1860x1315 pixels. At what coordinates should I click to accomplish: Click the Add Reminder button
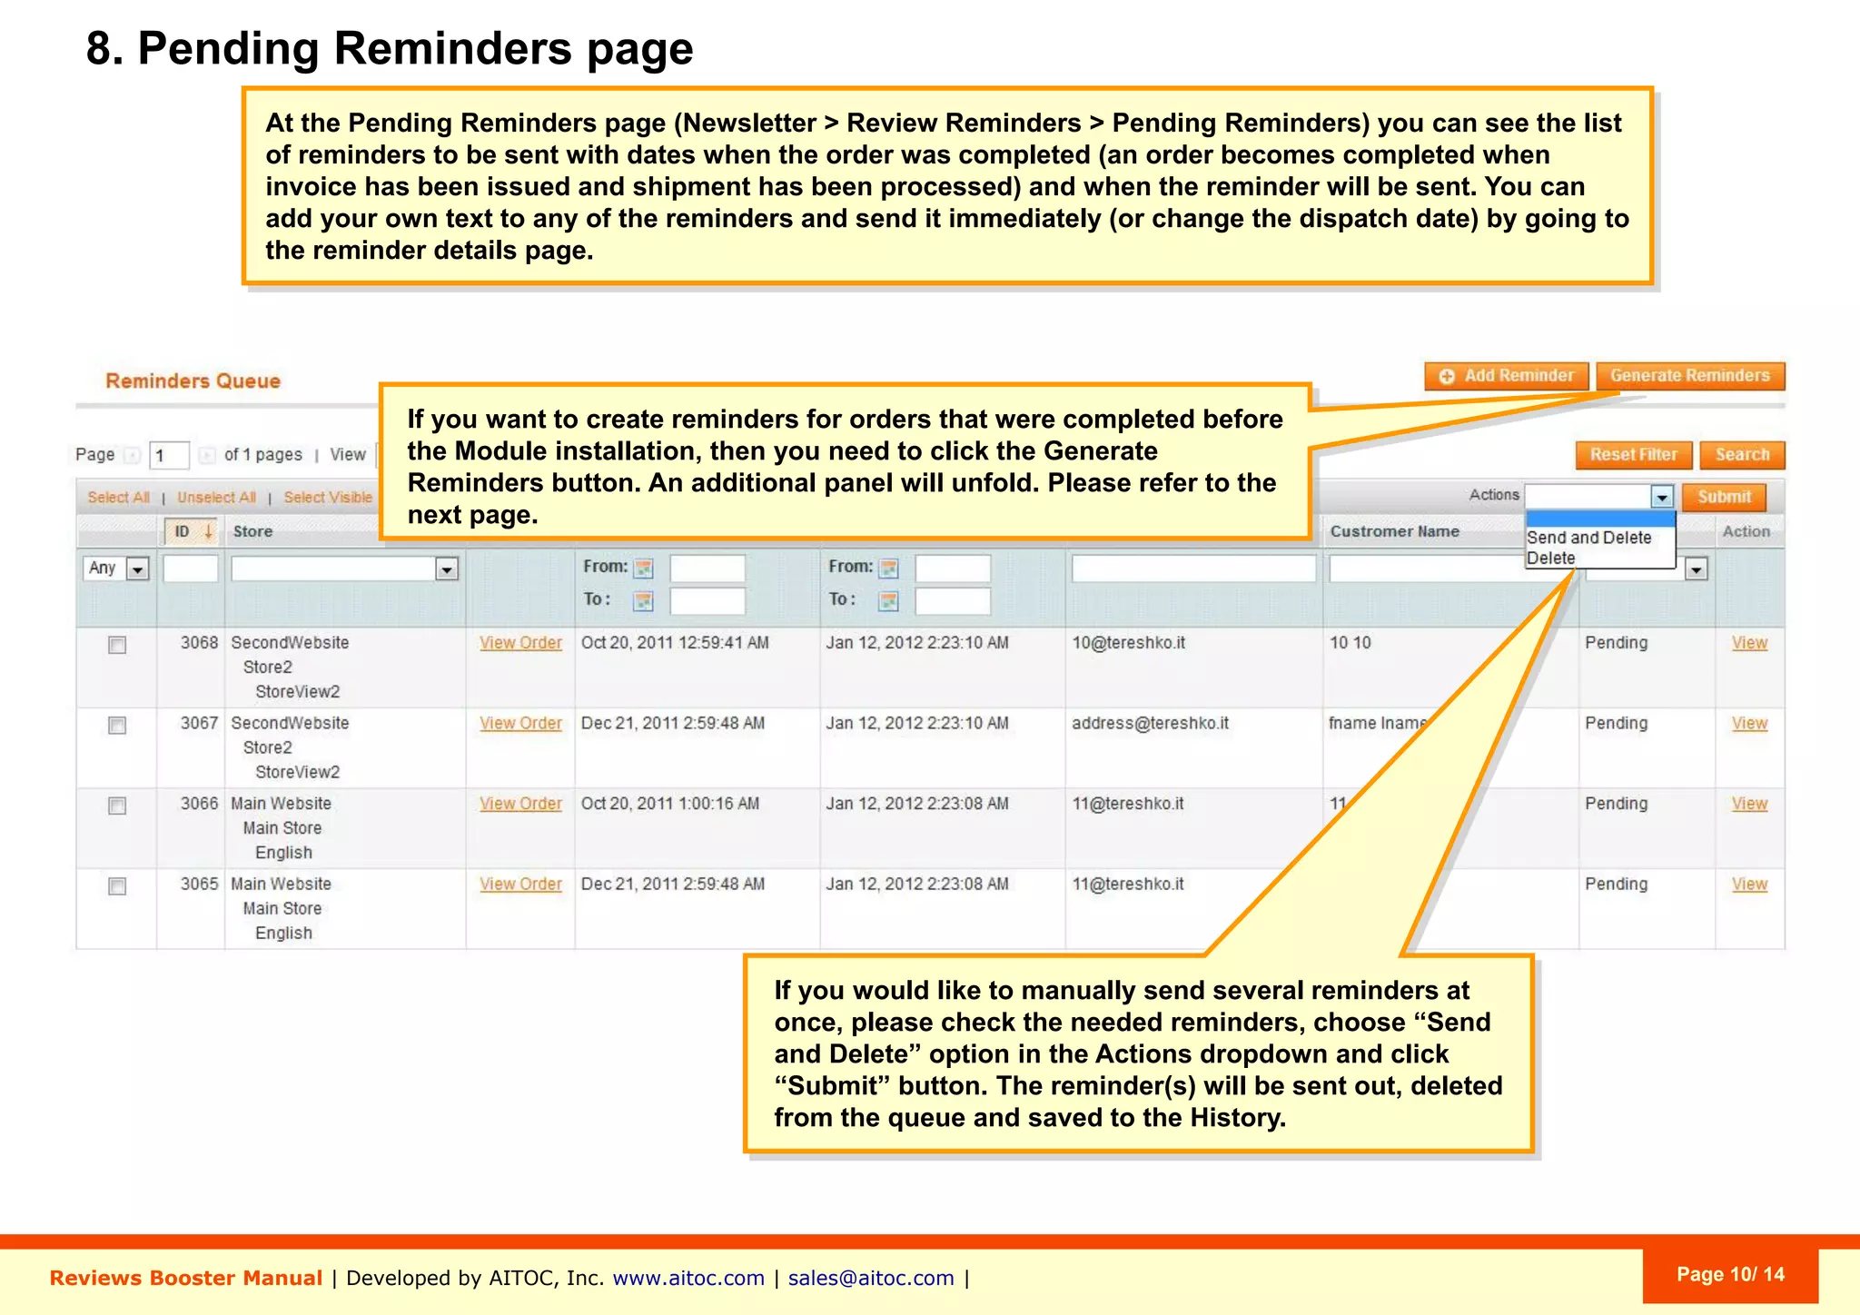click(x=1507, y=376)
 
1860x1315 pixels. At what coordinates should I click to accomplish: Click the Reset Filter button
click(x=1633, y=455)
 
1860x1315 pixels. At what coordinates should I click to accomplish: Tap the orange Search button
click(x=1742, y=455)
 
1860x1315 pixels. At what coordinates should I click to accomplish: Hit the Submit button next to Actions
click(x=1724, y=497)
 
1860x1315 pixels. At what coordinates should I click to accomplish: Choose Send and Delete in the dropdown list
click(x=1588, y=538)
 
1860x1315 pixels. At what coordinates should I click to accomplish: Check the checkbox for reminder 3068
click(x=117, y=645)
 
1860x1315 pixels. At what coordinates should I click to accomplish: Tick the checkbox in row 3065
click(x=117, y=886)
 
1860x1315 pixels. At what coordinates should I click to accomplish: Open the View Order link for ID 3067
click(x=520, y=724)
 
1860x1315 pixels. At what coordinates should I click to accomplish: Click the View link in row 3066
click(x=1748, y=804)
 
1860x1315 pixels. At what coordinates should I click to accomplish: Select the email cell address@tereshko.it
click(x=1150, y=724)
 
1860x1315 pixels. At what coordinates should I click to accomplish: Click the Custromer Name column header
click(x=1394, y=532)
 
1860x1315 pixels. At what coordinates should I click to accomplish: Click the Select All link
click(x=118, y=498)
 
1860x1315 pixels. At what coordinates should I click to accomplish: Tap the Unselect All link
click(x=216, y=498)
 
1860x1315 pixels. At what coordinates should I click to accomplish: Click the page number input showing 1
click(x=169, y=455)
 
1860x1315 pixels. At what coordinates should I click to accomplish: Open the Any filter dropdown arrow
click(x=137, y=569)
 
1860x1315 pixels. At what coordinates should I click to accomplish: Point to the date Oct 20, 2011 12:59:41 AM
click(x=675, y=643)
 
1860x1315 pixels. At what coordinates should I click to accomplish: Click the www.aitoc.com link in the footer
click(x=688, y=1279)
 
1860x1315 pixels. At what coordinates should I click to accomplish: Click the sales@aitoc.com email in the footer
click(x=870, y=1279)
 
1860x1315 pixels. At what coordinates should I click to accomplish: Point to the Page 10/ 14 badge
click(x=1729, y=1275)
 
